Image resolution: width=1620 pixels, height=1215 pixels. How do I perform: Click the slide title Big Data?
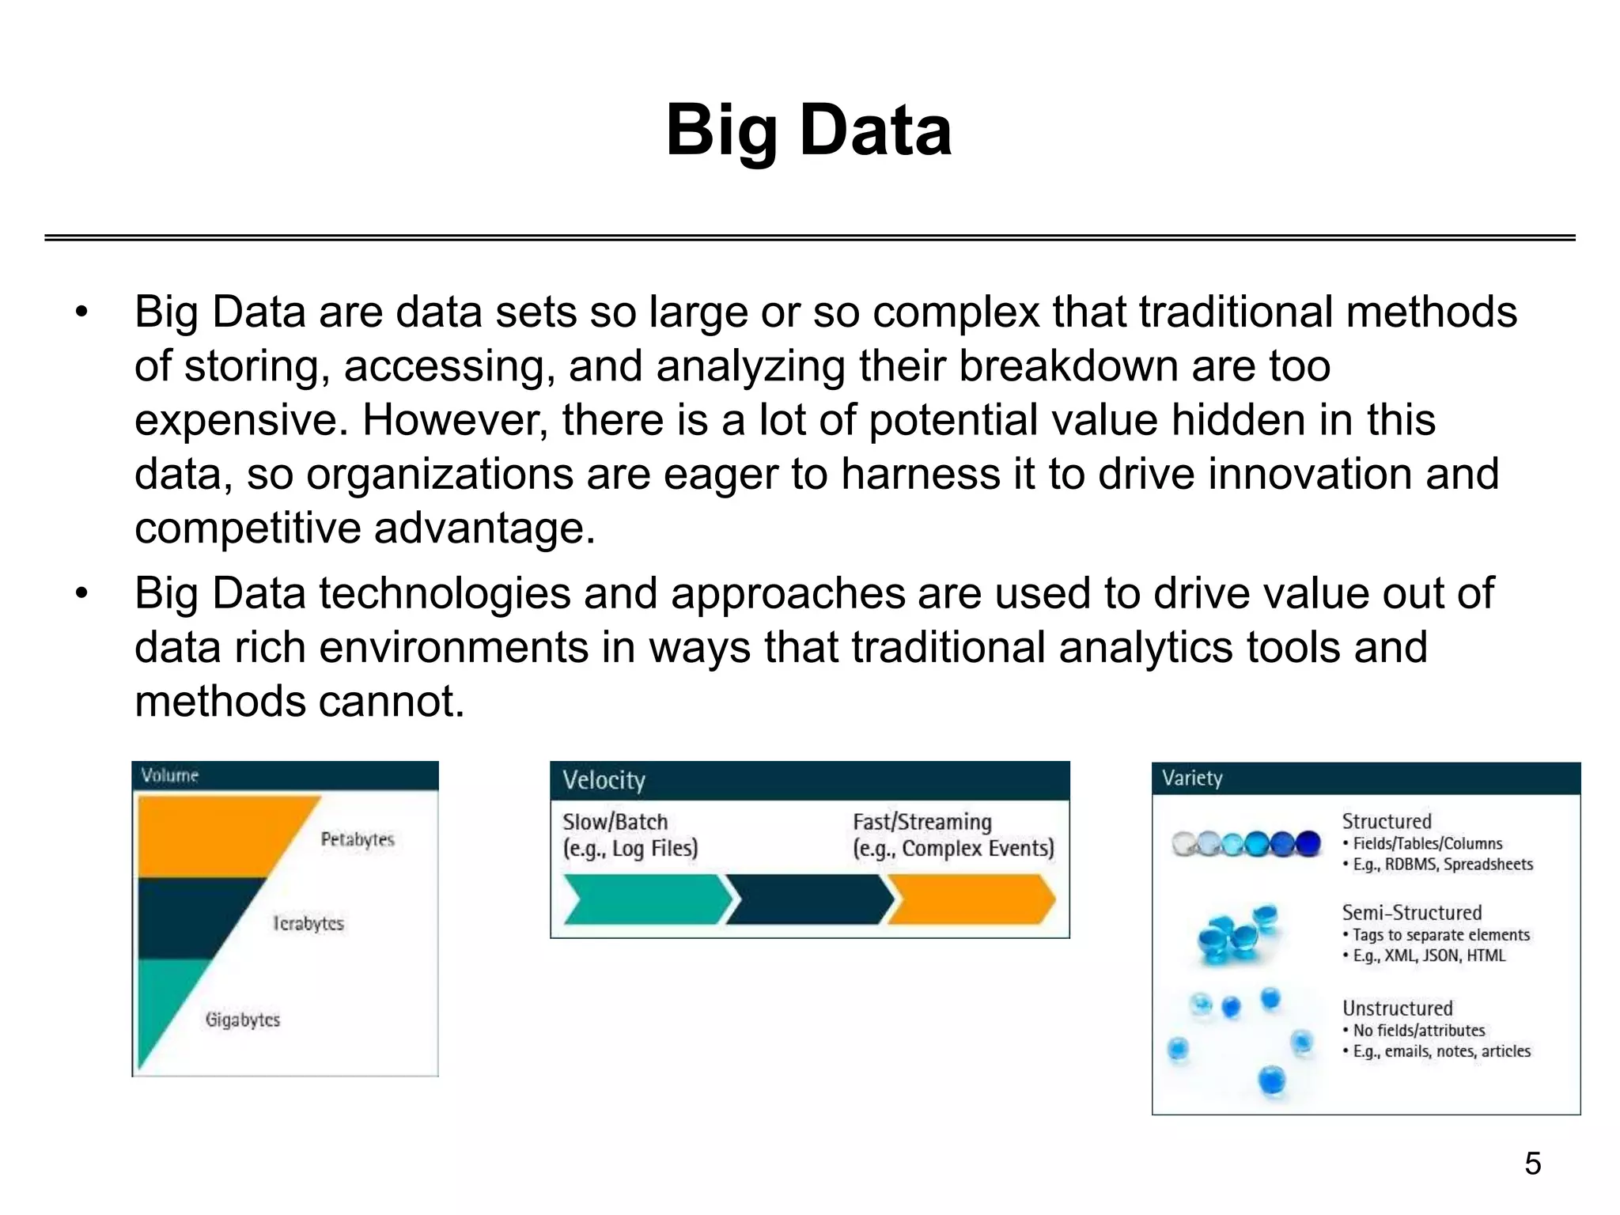(808, 131)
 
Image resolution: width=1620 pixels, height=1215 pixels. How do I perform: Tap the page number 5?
(1532, 1164)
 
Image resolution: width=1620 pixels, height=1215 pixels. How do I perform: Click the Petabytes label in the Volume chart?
(357, 839)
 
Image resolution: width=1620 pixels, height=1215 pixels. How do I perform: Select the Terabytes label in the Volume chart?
(308, 923)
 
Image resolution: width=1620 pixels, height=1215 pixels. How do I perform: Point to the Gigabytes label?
(243, 1020)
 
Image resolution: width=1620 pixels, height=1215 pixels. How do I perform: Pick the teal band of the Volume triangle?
(162, 1005)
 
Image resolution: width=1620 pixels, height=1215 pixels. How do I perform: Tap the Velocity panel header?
(809, 781)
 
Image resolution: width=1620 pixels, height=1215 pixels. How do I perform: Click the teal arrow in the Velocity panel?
(645, 899)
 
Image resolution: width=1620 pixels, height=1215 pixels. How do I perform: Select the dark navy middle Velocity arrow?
(808, 899)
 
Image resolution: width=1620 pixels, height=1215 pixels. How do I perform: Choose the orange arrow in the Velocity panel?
(971, 899)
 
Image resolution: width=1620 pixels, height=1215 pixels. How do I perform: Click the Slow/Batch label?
(615, 822)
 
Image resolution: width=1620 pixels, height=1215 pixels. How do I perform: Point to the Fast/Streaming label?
(922, 822)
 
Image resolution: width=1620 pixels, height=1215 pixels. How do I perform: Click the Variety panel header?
(1365, 778)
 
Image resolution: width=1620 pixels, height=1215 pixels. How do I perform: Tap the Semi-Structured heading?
(1411, 912)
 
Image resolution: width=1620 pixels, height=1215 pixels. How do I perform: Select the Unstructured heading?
(1397, 1008)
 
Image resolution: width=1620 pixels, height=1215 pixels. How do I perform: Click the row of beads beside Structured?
(1246, 844)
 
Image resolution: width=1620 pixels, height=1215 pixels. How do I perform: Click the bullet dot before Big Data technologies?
(81, 593)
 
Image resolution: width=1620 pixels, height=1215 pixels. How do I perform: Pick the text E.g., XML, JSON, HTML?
(1429, 956)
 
